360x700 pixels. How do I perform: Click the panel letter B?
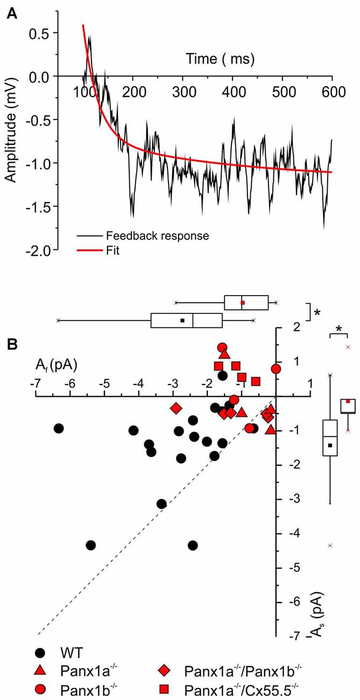click(11, 342)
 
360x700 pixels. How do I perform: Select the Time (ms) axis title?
click(221, 58)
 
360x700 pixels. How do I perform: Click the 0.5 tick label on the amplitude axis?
click(39, 33)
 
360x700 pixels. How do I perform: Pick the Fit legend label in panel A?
click(113, 250)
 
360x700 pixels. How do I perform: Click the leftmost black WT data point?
click(59, 428)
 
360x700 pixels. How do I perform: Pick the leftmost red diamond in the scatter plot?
click(175, 408)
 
